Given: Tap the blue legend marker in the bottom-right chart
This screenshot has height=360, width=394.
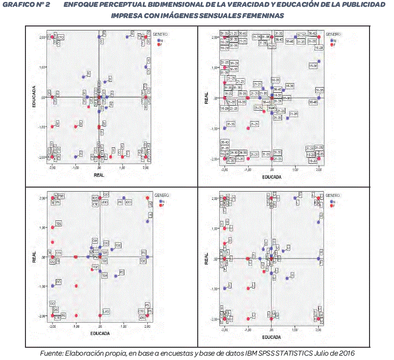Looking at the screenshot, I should pyautogui.click(x=332, y=201).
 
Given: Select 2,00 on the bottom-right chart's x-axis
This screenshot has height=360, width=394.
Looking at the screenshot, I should pyautogui.click(x=318, y=330).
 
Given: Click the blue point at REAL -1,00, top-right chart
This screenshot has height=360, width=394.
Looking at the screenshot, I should pyautogui.click(x=225, y=128).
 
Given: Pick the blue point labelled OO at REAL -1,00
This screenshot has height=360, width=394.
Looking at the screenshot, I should pyautogui.click(x=52, y=286).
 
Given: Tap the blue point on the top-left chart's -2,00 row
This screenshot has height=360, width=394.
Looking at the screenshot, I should pyautogui.click(x=76, y=157).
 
